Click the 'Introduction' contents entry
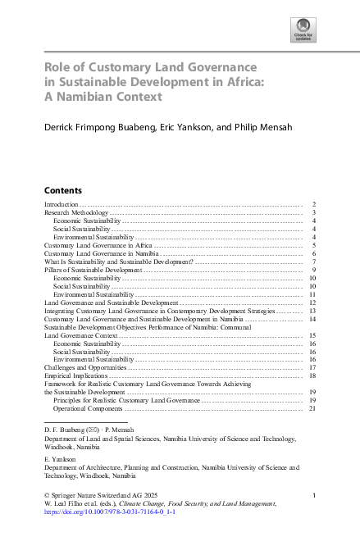coord(62,203)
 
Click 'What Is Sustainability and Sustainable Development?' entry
coord(120,262)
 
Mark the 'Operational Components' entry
coord(89,408)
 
